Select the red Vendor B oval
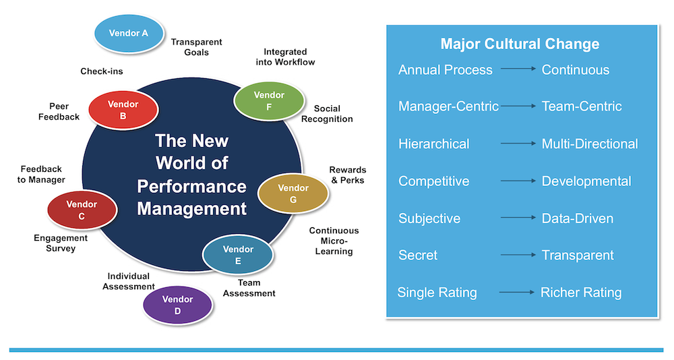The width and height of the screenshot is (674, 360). (123, 110)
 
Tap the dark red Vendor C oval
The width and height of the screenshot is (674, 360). (82, 210)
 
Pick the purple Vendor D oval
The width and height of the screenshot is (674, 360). (177, 305)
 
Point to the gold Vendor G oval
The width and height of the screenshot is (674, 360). (293, 193)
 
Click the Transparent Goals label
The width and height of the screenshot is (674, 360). (196, 47)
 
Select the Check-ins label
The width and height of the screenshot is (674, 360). (101, 71)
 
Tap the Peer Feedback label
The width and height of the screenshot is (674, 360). (64, 111)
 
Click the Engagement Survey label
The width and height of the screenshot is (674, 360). (61, 243)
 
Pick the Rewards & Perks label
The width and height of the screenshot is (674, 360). (347, 175)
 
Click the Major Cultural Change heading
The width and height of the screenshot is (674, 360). (520, 44)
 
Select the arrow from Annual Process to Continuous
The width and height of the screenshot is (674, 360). (517, 69)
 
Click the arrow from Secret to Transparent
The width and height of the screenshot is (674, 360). (517, 255)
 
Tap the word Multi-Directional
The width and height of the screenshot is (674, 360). (590, 144)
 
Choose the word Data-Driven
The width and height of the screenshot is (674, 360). (578, 218)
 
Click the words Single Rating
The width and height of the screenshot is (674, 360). (437, 293)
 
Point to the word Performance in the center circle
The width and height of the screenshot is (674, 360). (191, 186)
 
